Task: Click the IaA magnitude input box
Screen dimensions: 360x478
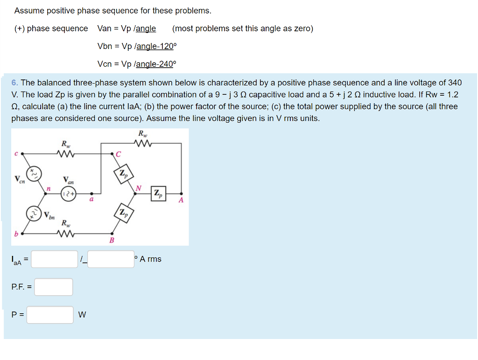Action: pyautogui.click(x=54, y=259)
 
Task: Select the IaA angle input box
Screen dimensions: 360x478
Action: pyautogui.click(x=111, y=259)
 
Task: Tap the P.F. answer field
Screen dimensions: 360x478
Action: pyautogui.click(x=53, y=287)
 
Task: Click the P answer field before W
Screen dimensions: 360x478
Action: pyautogui.click(x=50, y=315)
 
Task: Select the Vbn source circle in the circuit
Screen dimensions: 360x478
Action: pyautogui.click(x=34, y=213)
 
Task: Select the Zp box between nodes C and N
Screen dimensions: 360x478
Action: pyautogui.click(x=123, y=174)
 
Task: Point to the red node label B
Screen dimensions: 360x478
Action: pyautogui.click(x=112, y=240)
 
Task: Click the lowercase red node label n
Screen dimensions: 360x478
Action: pyautogui.click(x=48, y=189)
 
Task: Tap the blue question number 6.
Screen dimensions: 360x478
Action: pyautogui.click(x=14, y=83)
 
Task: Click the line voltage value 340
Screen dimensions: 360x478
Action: pyautogui.click(x=455, y=83)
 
